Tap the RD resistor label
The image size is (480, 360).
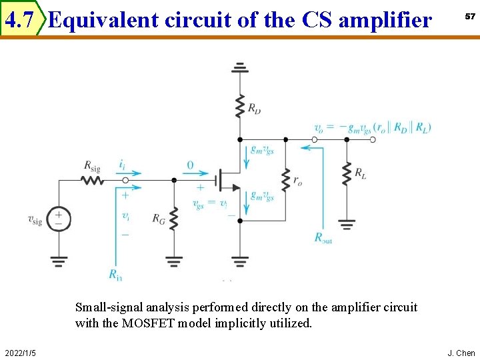pyautogui.click(x=254, y=109)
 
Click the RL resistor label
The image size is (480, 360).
pyautogui.click(x=360, y=173)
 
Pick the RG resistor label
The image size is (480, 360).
pyautogui.click(x=159, y=217)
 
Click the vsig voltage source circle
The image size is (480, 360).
pyautogui.click(x=59, y=218)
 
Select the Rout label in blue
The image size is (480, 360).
pyautogui.click(x=323, y=238)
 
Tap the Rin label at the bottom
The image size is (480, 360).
pyautogui.click(x=115, y=273)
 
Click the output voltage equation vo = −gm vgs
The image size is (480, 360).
pyautogui.click(x=372, y=127)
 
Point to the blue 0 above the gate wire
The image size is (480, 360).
pyautogui.click(x=190, y=165)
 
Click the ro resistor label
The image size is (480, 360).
pyautogui.click(x=297, y=181)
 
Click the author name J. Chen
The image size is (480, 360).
pyautogui.click(x=461, y=352)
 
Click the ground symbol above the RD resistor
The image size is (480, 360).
pyautogui.click(x=239, y=68)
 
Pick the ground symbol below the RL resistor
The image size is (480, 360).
pyautogui.click(x=346, y=223)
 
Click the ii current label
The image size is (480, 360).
pyautogui.click(x=123, y=164)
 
